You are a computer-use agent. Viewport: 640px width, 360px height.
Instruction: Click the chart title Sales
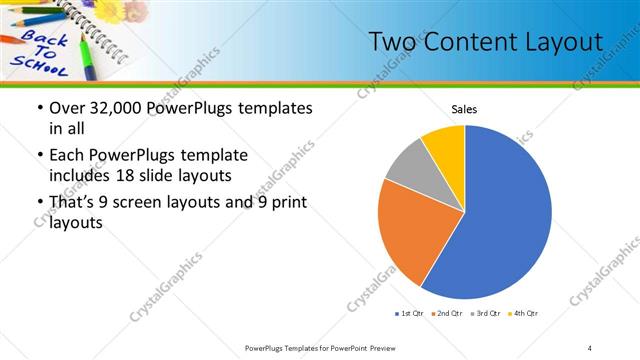(464, 109)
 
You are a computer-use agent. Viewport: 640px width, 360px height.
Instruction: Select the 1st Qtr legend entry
(409, 314)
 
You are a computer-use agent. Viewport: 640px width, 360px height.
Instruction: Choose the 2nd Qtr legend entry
(445, 314)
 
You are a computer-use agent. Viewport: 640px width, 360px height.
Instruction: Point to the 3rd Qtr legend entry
(484, 314)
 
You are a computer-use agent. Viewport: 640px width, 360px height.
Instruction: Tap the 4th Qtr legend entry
(522, 314)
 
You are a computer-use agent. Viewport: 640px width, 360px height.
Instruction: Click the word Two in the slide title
(391, 42)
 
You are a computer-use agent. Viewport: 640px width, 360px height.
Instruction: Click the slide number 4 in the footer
(590, 347)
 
